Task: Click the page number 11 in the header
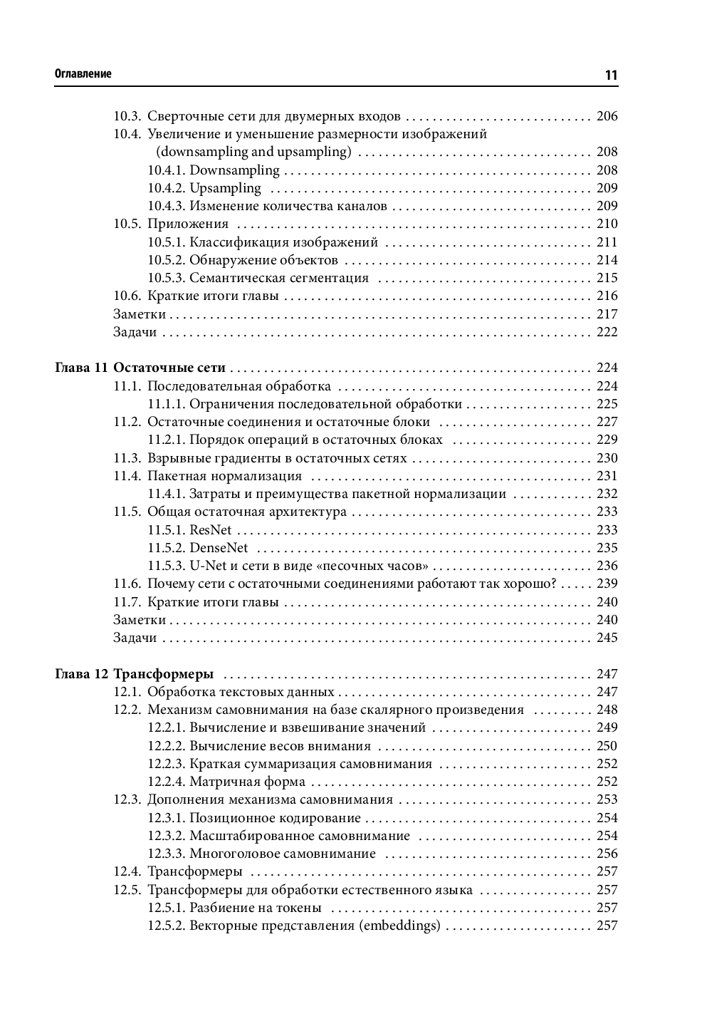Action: [x=610, y=74]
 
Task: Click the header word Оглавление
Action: [x=83, y=74]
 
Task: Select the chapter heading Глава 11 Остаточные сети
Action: [x=140, y=368]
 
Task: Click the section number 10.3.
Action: [x=127, y=116]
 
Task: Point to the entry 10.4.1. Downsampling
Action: [x=214, y=170]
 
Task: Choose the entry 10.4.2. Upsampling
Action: [x=204, y=188]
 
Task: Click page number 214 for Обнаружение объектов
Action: [x=607, y=260]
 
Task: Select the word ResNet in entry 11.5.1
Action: [x=211, y=530]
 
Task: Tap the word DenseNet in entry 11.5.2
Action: [x=219, y=548]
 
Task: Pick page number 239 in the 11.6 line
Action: [x=607, y=584]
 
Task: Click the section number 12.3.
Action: [x=127, y=799]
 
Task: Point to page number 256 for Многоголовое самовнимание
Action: [x=607, y=854]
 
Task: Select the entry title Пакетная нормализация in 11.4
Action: [x=224, y=476]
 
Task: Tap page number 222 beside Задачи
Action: [x=607, y=332]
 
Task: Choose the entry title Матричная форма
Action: [x=237, y=782]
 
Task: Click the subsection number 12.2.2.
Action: [x=167, y=746]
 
